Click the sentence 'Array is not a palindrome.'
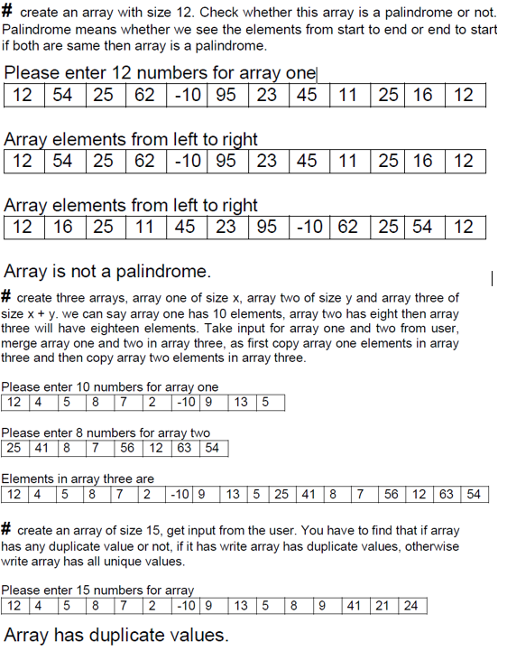coord(106,270)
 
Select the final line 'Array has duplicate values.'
coord(116,634)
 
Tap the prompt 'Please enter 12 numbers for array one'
coord(160,72)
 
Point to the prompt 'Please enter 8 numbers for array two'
coord(106,432)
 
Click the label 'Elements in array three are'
coord(78,479)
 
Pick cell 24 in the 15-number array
coord(410,605)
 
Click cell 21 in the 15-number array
coord(382,605)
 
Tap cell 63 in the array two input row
coord(183,448)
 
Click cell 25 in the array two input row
coord(14,448)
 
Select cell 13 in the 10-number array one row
coord(239,402)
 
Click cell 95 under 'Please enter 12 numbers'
coord(226,95)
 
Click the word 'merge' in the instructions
coord(21,343)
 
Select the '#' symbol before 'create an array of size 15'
coord(6,529)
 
